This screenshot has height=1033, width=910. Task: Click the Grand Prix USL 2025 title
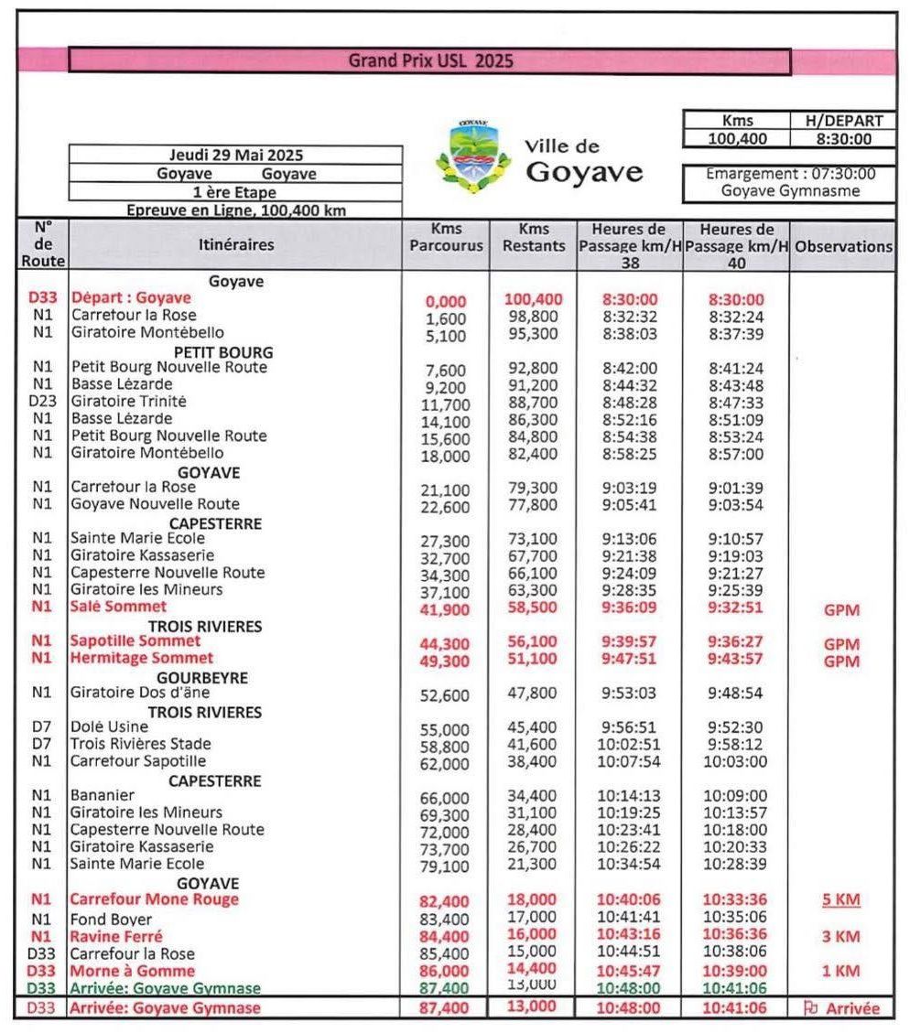(430, 61)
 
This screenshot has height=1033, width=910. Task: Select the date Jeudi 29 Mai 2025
(236, 155)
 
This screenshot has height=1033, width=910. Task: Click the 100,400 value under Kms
(738, 139)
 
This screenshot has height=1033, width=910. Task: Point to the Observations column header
(843, 246)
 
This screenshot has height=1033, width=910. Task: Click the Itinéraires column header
(235, 244)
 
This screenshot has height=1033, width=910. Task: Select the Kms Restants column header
(534, 237)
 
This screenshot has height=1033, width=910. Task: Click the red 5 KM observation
(841, 899)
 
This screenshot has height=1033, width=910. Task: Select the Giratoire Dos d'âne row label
(140, 693)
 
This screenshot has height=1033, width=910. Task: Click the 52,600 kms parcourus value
(444, 695)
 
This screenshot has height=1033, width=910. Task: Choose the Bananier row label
(103, 795)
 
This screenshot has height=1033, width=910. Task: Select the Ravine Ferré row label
(116, 936)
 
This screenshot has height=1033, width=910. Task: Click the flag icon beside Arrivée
(809, 1008)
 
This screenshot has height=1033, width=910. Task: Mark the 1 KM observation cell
(840, 971)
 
